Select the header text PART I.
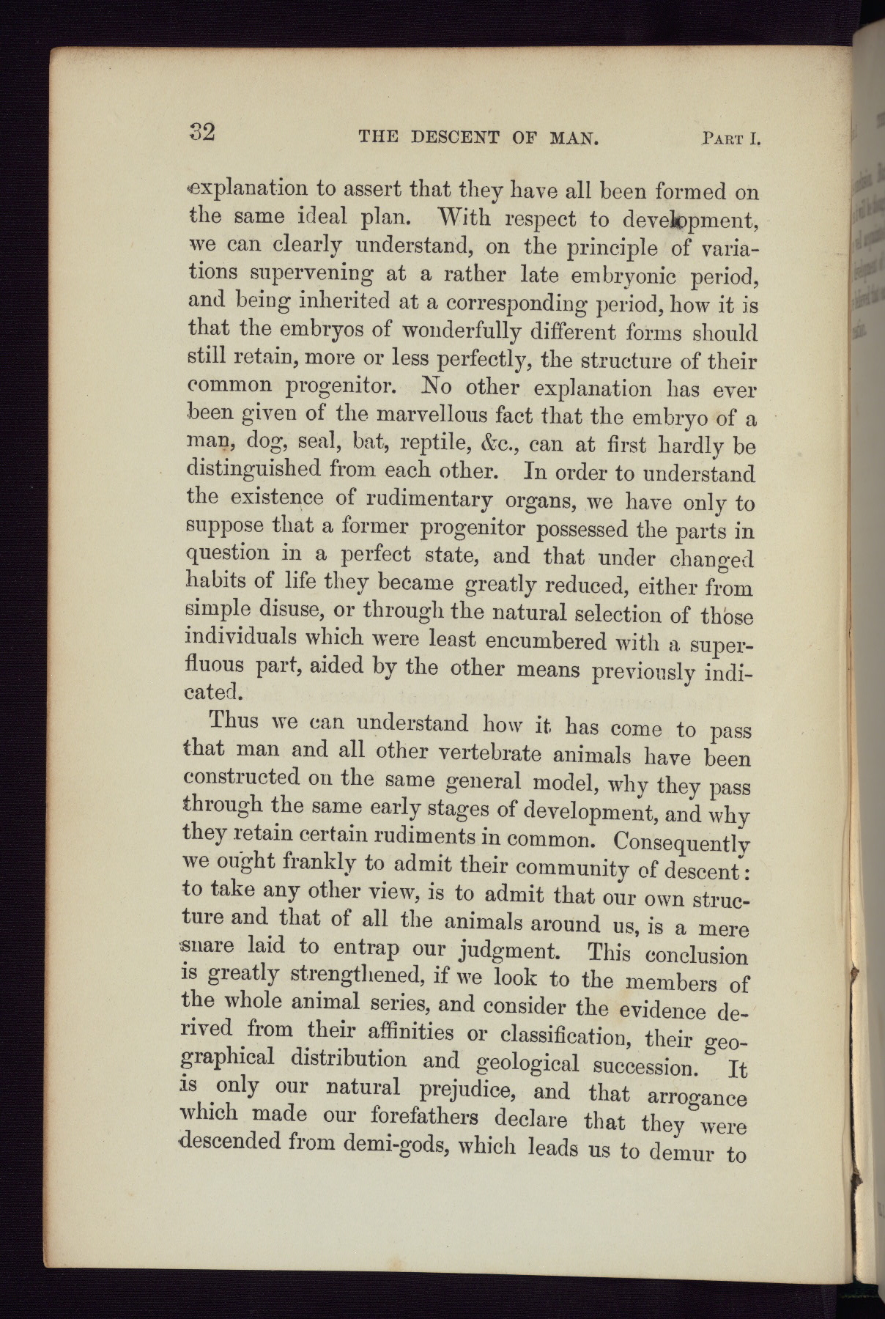click(730, 138)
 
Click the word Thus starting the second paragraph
click(234, 720)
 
